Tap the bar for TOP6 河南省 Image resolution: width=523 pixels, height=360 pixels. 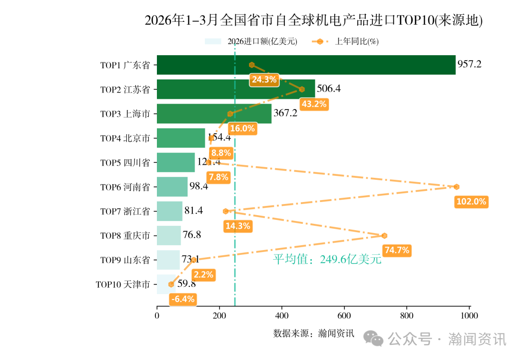click(x=172, y=187)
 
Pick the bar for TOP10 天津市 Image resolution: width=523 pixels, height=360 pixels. click(x=165, y=284)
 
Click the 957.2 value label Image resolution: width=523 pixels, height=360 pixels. click(x=469, y=64)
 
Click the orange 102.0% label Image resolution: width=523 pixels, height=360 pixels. click(x=471, y=202)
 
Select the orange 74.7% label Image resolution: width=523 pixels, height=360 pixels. click(x=397, y=250)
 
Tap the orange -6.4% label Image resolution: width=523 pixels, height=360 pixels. click(x=183, y=299)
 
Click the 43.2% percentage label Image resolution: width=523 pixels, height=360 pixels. click(x=314, y=104)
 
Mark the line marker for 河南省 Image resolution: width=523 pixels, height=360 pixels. click(x=456, y=187)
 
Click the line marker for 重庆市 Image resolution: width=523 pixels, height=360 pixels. click(x=385, y=235)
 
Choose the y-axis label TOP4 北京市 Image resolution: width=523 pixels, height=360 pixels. click(x=125, y=138)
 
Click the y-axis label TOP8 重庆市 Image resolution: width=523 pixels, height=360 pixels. click(x=125, y=235)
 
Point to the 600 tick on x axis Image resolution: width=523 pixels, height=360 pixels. click(x=344, y=316)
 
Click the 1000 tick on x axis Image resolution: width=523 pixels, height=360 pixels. click(x=469, y=316)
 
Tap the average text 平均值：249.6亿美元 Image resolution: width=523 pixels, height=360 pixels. click(x=327, y=259)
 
